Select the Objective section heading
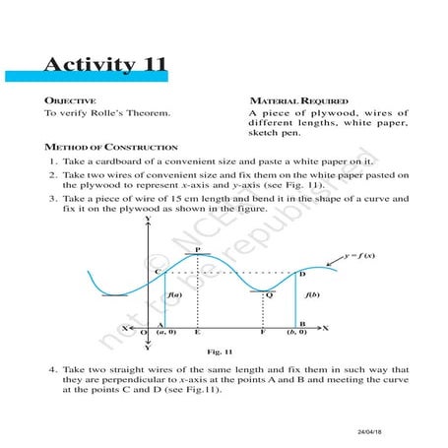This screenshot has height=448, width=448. click(70, 101)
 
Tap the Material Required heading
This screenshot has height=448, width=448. click(294, 101)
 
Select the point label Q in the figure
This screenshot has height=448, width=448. click(269, 294)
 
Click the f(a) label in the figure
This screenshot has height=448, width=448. click(173, 294)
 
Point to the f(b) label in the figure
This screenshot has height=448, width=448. click(311, 294)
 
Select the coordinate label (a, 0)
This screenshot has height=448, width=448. click(167, 334)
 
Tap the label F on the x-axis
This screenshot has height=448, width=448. click(263, 334)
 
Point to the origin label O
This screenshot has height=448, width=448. click(144, 334)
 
